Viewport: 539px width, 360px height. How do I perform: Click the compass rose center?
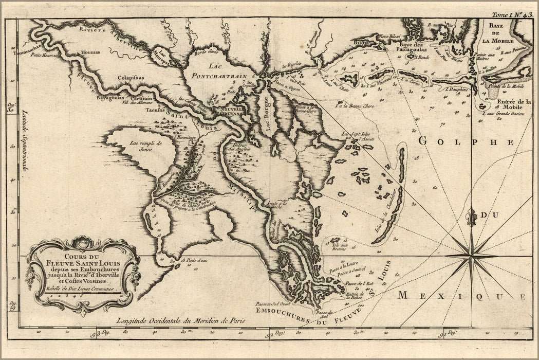(x=471, y=255)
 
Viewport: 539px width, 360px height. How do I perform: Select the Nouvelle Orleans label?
(x=230, y=111)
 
